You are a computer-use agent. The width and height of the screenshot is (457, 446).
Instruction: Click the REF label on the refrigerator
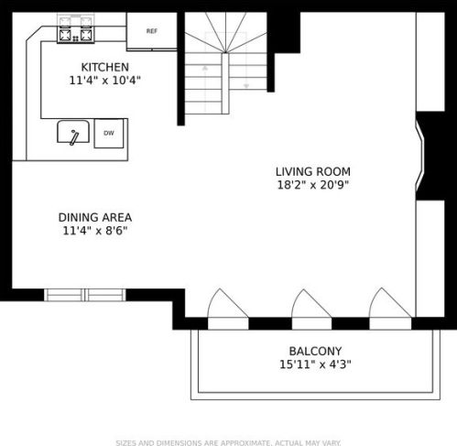(152, 31)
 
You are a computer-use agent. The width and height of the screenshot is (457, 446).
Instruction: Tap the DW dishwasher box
(109, 134)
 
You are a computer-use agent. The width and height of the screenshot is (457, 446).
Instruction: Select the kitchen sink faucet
(74, 137)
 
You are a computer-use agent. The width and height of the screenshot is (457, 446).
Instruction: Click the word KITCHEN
(104, 67)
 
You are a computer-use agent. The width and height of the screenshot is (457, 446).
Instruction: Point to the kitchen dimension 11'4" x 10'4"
(104, 81)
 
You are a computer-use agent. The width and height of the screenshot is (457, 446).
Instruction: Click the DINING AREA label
(95, 217)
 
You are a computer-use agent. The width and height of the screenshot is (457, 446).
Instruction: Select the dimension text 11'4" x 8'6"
(95, 231)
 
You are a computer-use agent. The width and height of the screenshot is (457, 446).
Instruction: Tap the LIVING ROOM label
(313, 171)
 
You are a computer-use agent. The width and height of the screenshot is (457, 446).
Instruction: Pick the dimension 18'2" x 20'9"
(313, 185)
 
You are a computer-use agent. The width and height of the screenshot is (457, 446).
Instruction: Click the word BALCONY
(315, 351)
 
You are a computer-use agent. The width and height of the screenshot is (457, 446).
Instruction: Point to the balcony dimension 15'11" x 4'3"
(315, 364)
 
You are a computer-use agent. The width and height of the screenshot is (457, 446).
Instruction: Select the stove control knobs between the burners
(76, 38)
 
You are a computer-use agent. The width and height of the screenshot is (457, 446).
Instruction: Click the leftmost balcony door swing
(228, 303)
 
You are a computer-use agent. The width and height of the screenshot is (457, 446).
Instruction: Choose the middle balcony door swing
(311, 303)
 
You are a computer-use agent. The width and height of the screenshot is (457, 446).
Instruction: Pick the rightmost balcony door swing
(390, 303)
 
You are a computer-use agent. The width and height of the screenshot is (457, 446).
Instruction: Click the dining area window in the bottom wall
(85, 295)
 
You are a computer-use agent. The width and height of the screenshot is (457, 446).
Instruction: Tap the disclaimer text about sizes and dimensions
(228, 442)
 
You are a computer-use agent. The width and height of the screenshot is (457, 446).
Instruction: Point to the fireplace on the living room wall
(430, 156)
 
